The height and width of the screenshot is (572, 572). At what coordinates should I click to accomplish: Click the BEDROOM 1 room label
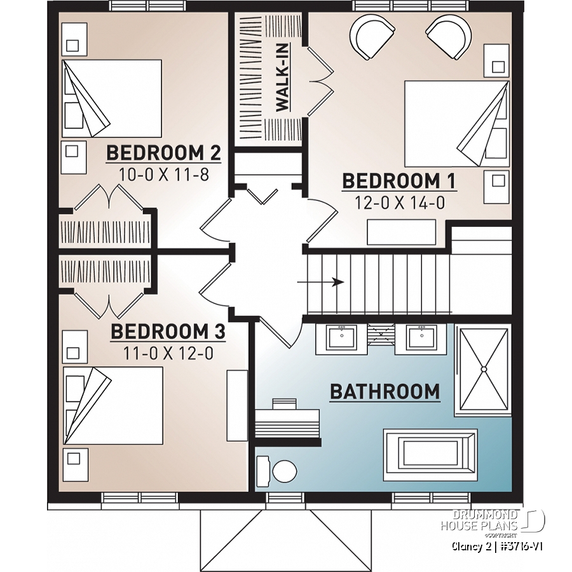point(399,181)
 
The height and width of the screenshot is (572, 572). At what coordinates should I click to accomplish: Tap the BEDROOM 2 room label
point(163,153)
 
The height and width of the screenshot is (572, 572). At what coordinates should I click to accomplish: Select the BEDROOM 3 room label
point(168,332)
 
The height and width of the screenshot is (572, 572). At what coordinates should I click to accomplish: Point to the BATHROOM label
point(385,392)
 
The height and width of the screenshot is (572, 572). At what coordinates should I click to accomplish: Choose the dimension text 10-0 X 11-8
point(163,174)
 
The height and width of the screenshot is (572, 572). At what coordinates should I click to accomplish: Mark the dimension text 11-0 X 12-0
point(168,353)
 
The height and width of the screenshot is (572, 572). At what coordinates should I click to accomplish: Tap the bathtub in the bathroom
point(430,451)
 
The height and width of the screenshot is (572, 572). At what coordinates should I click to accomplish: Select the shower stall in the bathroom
point(484,370)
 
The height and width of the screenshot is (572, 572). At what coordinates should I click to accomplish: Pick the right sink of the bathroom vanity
point(419,337)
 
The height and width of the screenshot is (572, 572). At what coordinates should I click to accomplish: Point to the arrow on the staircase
point(330,282)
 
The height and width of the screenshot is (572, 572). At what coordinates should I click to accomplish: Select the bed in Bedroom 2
point(111,98)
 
